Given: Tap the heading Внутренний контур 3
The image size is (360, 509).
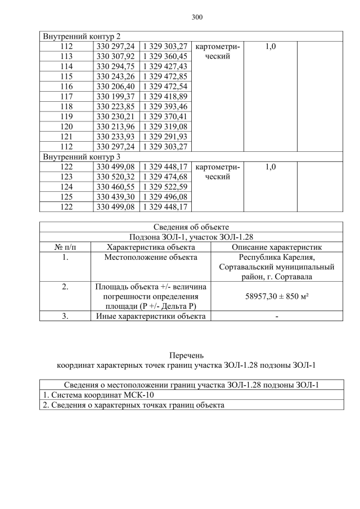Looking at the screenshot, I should point(82,157).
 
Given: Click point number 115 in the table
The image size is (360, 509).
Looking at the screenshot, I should point(66,76).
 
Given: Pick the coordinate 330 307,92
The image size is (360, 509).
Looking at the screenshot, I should point(115,56).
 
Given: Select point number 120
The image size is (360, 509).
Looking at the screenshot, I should point(66,127).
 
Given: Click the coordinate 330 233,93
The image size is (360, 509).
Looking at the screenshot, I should point(115,137).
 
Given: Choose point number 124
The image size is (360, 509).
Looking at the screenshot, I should point(66,187).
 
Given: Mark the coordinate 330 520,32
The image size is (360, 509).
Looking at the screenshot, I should point(115,177).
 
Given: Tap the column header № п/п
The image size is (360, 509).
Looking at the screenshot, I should point(65,246).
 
